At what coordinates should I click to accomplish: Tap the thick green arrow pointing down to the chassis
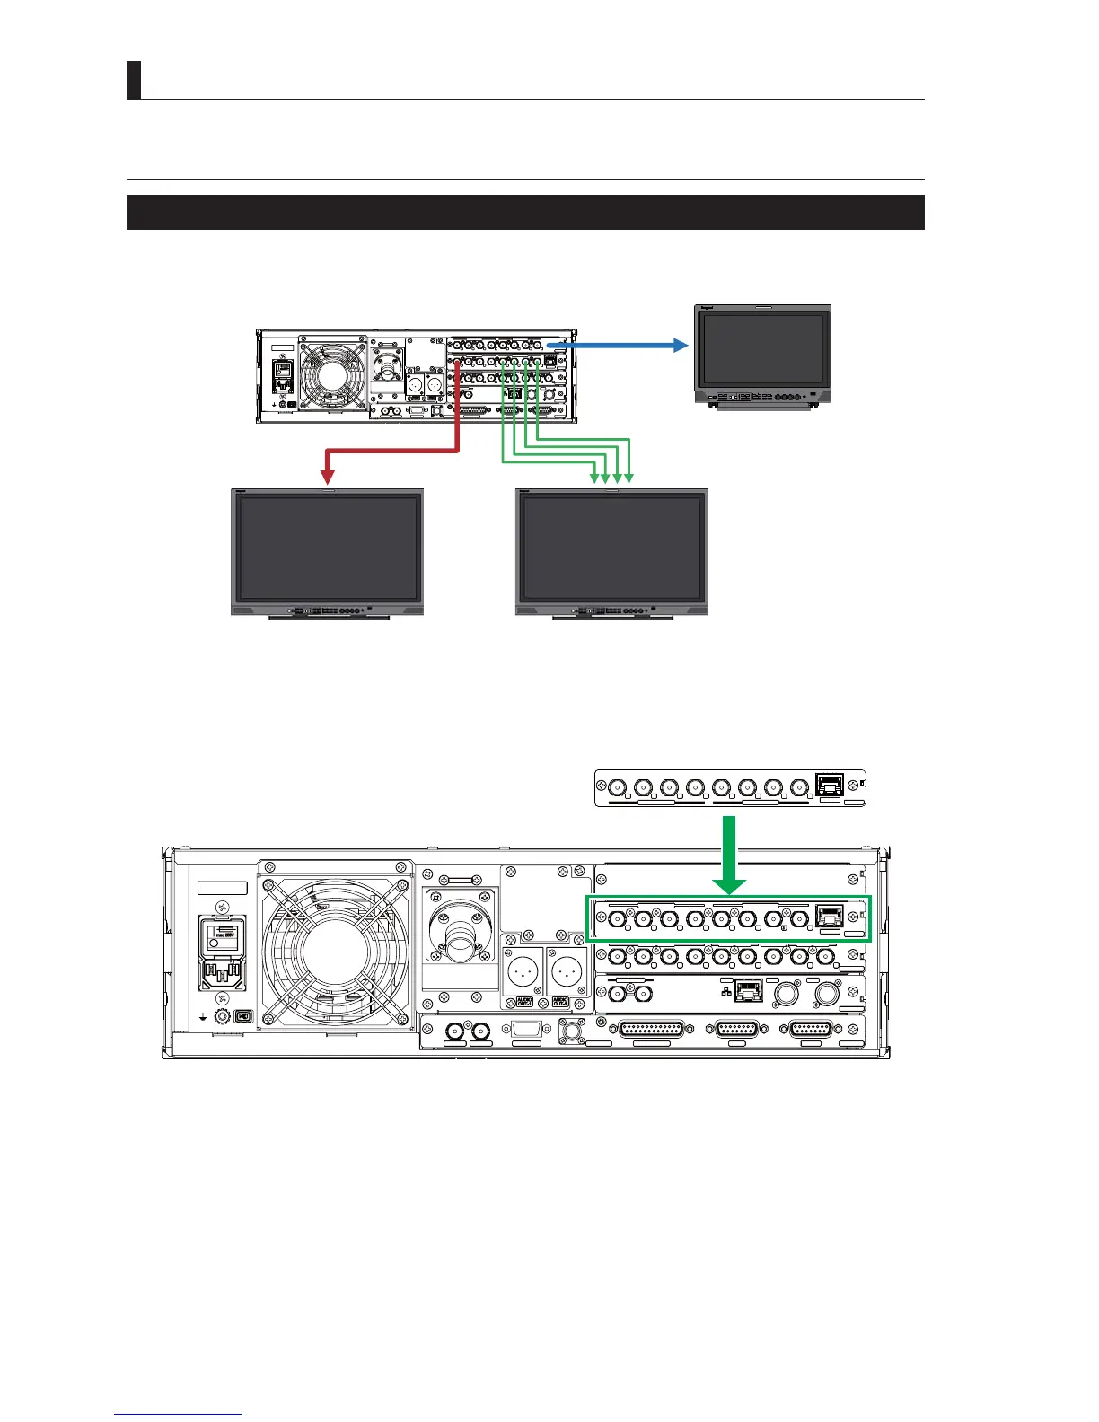click(x=733, y=854)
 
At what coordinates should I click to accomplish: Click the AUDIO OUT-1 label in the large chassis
click(x=523, y=1002)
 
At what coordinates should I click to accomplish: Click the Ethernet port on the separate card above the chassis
click(x=827, y=787)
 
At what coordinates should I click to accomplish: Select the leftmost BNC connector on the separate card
click(x=617, y=789)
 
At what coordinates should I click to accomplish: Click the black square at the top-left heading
click(x=135, y=80)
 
